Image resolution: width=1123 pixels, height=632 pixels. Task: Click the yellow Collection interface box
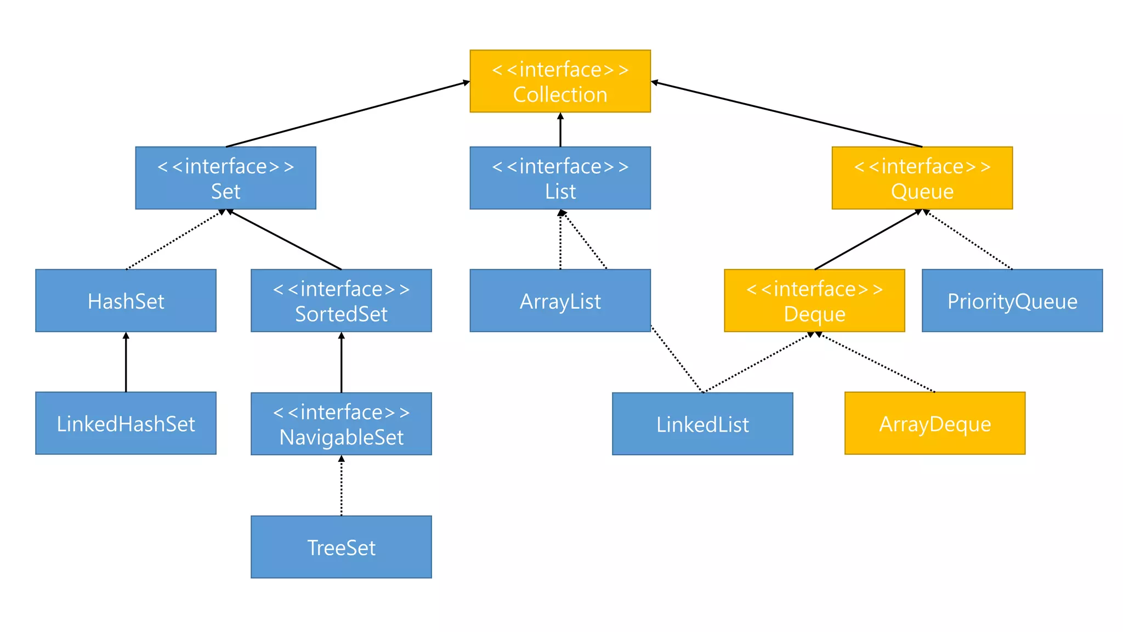560,81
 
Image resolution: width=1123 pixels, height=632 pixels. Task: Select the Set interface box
225,178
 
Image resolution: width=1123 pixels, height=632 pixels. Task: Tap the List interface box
560,178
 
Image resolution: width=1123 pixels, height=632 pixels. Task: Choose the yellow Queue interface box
922,178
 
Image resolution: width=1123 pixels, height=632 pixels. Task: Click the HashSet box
126,301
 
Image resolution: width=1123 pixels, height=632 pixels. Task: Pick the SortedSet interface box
341,301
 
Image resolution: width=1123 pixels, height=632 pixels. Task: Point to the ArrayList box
560,301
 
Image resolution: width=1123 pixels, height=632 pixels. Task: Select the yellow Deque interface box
814,301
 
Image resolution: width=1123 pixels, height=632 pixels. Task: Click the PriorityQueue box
1012,301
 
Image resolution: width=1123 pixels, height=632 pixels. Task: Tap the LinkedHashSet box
126,423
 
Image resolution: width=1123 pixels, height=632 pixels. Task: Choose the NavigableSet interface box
341,424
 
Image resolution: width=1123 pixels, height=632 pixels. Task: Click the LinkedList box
702,424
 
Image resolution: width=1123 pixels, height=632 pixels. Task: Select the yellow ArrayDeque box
934,423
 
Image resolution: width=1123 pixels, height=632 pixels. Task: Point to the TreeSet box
341,546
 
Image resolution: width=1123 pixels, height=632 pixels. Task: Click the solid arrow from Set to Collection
348,114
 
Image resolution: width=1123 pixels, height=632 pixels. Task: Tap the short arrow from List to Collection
560,130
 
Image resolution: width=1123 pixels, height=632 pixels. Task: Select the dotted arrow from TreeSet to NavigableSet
341,486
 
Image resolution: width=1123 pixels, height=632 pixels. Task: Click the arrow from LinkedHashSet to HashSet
126,362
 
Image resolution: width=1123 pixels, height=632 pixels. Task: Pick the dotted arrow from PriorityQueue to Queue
968,240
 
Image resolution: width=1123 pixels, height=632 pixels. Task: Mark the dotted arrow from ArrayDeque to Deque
877,363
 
